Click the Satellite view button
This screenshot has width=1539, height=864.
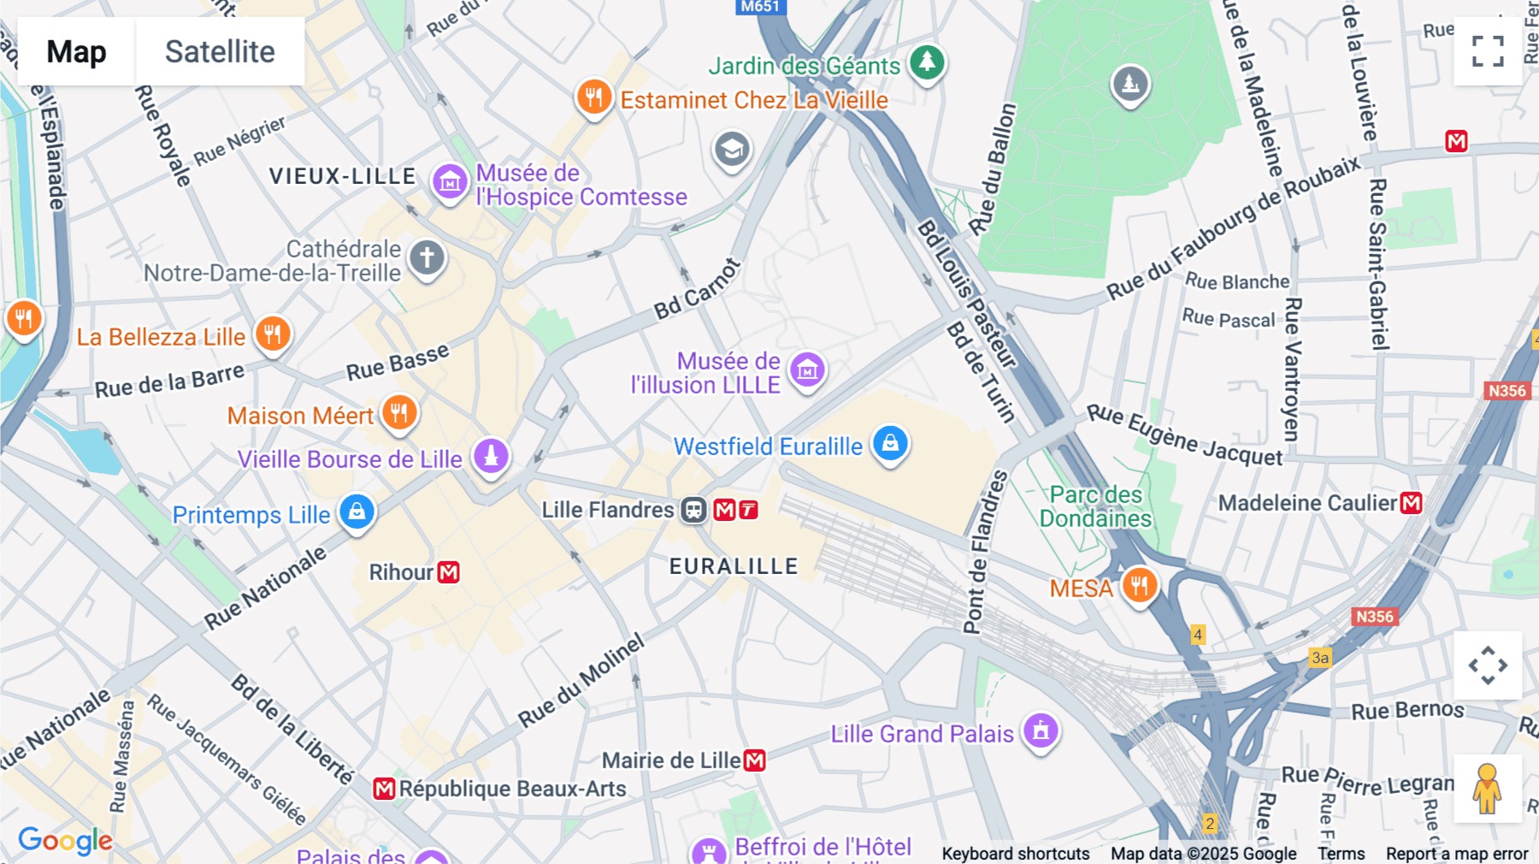220,51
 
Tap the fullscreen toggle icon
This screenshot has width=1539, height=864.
1488,51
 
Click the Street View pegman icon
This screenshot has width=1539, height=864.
1488,789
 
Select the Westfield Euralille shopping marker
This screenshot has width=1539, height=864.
890,443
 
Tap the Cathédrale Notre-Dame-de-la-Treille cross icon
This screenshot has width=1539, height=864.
427,257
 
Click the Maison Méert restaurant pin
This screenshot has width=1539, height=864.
398,412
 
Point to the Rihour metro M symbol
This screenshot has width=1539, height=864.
449,572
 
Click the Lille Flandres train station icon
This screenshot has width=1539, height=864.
693,511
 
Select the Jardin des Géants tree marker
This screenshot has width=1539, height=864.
927,62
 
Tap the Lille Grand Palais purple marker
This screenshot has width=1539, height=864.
1041,731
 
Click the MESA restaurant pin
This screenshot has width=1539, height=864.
1139,585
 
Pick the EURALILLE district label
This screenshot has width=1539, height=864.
734,566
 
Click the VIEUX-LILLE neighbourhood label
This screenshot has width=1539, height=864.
342,176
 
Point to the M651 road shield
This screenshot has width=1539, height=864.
760,7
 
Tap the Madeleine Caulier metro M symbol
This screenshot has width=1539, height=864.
1412,503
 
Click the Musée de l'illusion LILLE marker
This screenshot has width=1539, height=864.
807,370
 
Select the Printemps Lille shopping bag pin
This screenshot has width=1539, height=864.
357,512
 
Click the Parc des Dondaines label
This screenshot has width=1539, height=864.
1095,506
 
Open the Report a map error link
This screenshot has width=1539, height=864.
1457,854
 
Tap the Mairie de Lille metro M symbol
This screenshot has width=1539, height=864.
754,760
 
